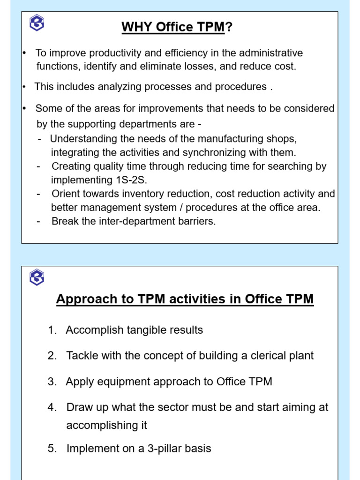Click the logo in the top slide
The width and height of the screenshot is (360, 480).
coord(37,23)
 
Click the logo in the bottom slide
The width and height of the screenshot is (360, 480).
coord(37,278)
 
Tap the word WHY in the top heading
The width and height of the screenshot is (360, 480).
coord(137,28)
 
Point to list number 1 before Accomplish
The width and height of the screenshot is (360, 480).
coord(52,330)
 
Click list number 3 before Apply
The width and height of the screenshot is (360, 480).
coord(52,382)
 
